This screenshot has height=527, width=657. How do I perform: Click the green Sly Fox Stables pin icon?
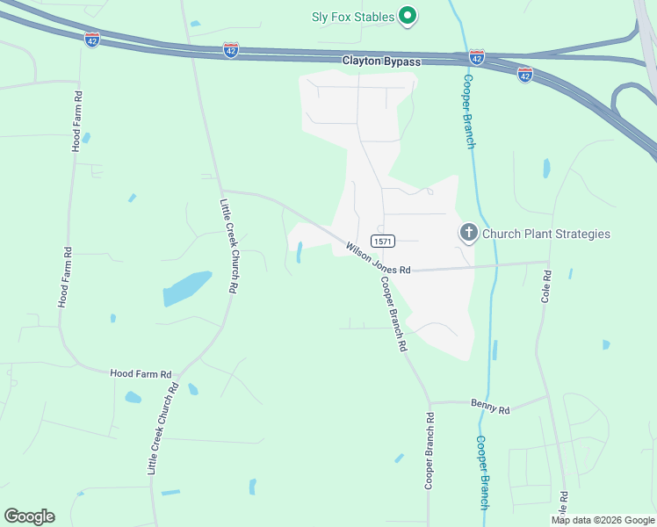point(408,15)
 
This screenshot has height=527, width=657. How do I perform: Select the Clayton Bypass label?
point(381,61)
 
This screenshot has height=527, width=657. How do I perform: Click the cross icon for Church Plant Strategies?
point(469,233)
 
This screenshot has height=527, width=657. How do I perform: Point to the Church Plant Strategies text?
point(545,234)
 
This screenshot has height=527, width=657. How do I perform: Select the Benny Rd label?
point(490,408)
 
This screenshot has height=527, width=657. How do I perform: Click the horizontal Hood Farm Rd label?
point(141,373)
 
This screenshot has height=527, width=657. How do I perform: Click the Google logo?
point(29,516)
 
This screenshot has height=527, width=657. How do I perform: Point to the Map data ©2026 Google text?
point(603,520)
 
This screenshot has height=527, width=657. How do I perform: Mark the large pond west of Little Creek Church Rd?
point(187,287)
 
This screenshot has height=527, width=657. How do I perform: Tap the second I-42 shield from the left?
point(231,51)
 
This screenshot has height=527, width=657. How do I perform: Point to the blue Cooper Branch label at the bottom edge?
point(482,473)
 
